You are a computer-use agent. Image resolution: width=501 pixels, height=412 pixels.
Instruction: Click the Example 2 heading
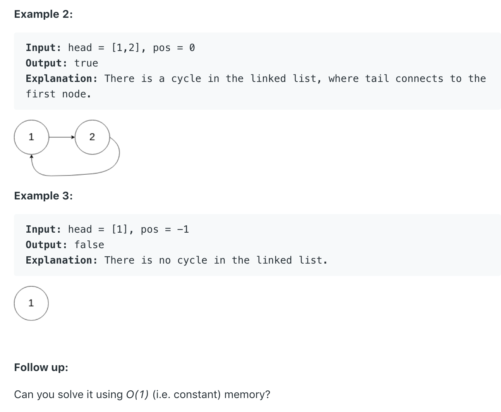[x=43, y=14]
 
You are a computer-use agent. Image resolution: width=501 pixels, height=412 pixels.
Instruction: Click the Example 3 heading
[x=43, y=196]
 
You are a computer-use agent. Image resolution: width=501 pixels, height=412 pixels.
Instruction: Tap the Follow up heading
[x=41, y=367]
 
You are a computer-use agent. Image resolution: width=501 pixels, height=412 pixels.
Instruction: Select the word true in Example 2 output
[x=86, y=63]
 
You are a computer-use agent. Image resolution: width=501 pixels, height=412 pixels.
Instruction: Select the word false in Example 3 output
[x=89, y=245]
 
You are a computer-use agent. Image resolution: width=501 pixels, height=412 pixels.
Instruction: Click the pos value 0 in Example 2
[x=192, y=48]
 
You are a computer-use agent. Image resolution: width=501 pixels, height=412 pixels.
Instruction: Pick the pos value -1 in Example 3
[x=183, y=229]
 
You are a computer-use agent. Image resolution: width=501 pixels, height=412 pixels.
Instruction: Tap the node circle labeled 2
[x=92, y=137]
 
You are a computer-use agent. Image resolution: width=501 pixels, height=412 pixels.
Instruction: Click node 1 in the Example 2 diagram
[x=31, y=137]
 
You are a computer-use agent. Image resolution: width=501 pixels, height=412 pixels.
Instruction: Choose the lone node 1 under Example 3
[x=31, y=303]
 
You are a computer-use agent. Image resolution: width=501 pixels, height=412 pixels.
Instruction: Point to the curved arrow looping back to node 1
[x=77, y=174]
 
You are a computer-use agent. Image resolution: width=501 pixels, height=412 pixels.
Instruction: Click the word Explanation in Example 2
[x=62, y=78]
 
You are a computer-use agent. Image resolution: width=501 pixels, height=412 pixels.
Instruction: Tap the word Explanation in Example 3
[x=62, y=260]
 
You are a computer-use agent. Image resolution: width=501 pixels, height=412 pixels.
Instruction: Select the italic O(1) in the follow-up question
[x=137, y=395]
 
